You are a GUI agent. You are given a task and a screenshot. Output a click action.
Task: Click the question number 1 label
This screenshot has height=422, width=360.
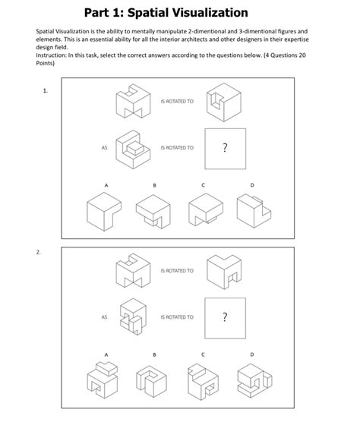point(46,91)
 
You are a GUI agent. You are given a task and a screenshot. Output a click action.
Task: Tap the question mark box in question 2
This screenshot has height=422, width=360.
point(226,316)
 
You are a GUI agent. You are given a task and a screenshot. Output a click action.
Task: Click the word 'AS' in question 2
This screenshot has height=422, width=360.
point(104,316)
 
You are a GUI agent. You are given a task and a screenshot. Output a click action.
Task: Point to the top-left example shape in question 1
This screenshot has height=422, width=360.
point(130,102)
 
